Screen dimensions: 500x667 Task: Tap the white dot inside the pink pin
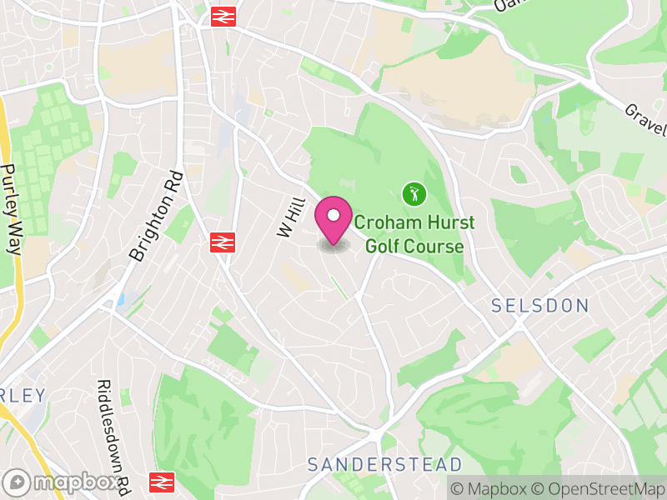pos(333,216)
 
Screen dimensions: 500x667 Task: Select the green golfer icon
pos(414,195)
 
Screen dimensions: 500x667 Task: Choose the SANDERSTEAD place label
pos(384,463)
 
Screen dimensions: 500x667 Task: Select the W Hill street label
pos(288,217)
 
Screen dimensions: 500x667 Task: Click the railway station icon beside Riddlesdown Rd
pos(161,482)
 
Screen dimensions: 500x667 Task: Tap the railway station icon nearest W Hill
pos(221,242)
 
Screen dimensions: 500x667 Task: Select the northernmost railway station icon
pos(221,16)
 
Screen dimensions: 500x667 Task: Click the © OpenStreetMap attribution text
pos(597,487)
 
